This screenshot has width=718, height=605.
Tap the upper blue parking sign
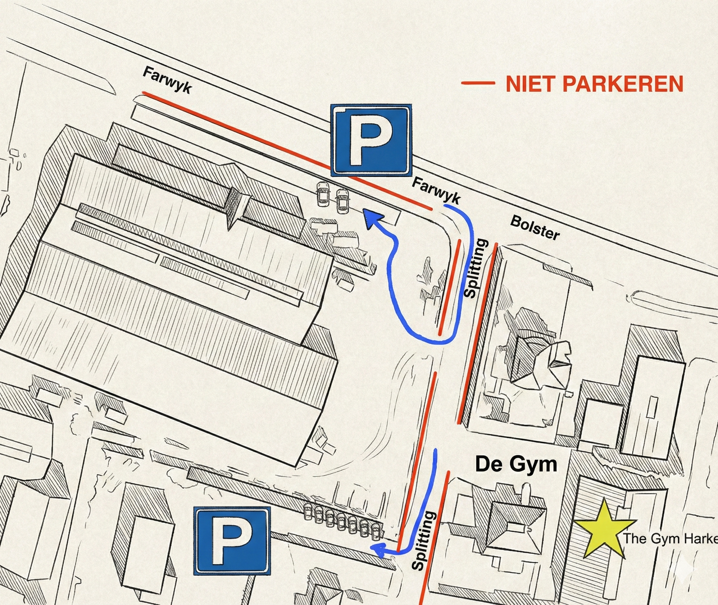(371, 140)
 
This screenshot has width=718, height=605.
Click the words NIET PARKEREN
(594, 84)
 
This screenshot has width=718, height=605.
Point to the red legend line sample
(478, 83)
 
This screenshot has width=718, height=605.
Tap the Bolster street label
(535, 228)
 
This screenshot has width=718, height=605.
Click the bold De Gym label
(516, 464)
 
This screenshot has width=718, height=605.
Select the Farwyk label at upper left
(167, 80)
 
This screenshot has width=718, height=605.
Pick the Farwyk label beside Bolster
(436, 191)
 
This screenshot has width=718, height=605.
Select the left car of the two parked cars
(323, 194)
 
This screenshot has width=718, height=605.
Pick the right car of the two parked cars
(342, 201)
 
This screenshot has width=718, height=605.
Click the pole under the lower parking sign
(250, 590)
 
